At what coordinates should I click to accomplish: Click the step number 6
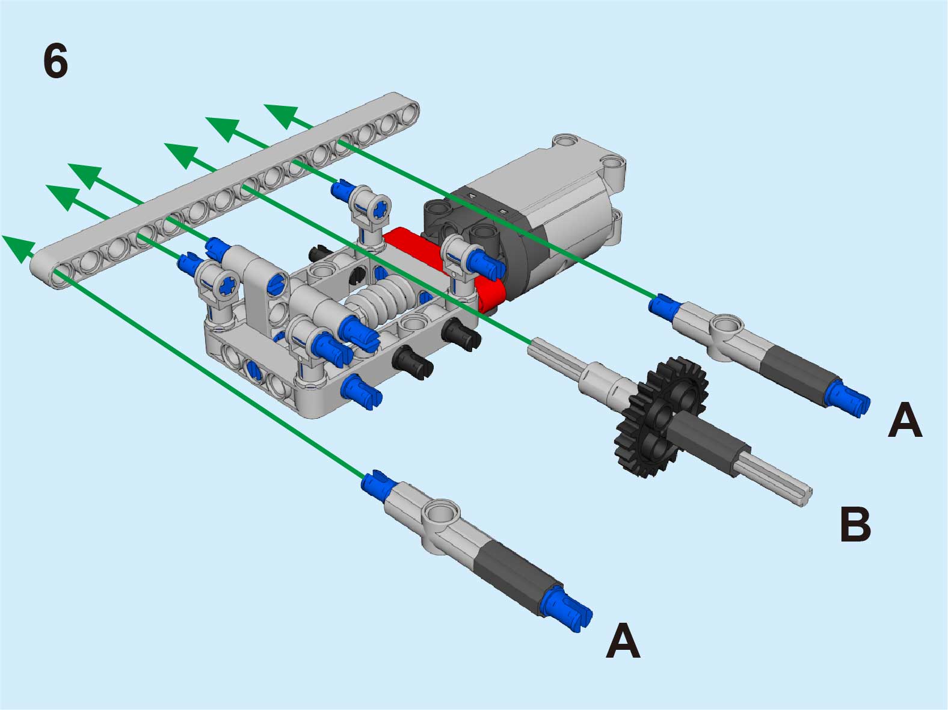tap(56, 62)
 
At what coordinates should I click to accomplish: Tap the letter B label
tap(855, 524)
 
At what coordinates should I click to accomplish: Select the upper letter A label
tap(905, 420)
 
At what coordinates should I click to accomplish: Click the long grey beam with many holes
tap(224, 190)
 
